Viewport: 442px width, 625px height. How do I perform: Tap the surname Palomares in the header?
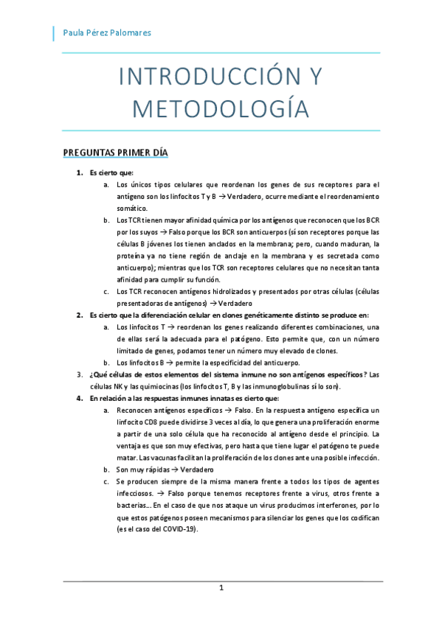tap(131, 32)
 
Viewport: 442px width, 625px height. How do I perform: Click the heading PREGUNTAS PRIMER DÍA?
tap(116, 153)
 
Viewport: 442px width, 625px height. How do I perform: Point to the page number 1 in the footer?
tap(221, 588)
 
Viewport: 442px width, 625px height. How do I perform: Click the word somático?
tap(132, 209)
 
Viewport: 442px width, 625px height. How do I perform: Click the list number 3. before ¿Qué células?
tap(80, 374)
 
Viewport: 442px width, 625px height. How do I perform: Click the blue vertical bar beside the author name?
tap(54, 32)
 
